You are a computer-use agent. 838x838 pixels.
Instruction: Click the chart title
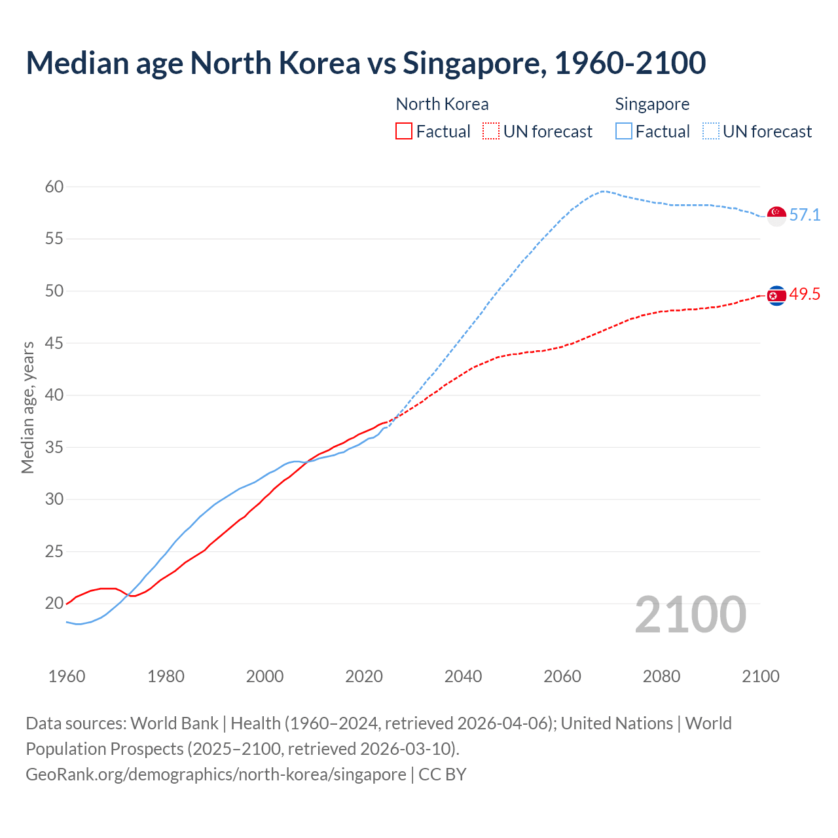(x=365, y=64)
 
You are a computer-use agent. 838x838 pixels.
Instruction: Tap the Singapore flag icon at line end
(x=776, y=215)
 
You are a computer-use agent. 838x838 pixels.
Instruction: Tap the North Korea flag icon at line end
(x=776, y=296)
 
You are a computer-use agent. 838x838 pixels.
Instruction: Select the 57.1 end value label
(x=805, y=215)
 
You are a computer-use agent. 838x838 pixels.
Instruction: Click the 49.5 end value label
(x=805, y=295)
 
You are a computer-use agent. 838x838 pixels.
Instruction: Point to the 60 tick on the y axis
(x=54, y=187)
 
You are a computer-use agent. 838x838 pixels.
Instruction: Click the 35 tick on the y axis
(x=54, y=448)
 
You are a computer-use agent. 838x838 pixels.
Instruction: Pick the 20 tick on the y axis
(x=54, y=604)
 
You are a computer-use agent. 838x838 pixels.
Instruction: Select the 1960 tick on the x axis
(x=67, y=676)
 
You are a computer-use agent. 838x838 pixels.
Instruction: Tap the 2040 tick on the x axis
(x=463, y=676)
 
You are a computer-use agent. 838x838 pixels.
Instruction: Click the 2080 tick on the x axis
(x=661, y=676)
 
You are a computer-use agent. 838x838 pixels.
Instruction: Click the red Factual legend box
(x=404, y=132)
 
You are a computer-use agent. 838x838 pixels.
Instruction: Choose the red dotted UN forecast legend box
(x=491, y=132)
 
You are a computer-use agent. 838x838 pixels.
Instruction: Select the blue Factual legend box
(x=624, y=132)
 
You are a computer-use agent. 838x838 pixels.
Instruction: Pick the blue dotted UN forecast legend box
(x=711, y=132)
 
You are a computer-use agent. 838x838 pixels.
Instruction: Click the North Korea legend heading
(x=442, y=104)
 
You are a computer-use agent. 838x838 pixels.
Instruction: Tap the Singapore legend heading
(x=652, y=104)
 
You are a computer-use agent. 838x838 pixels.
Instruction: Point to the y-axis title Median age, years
(x=27, y=407)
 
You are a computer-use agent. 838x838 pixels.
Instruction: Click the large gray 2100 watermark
(x=690, y=615)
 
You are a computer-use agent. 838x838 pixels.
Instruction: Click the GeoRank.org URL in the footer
(x=216, y=774)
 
